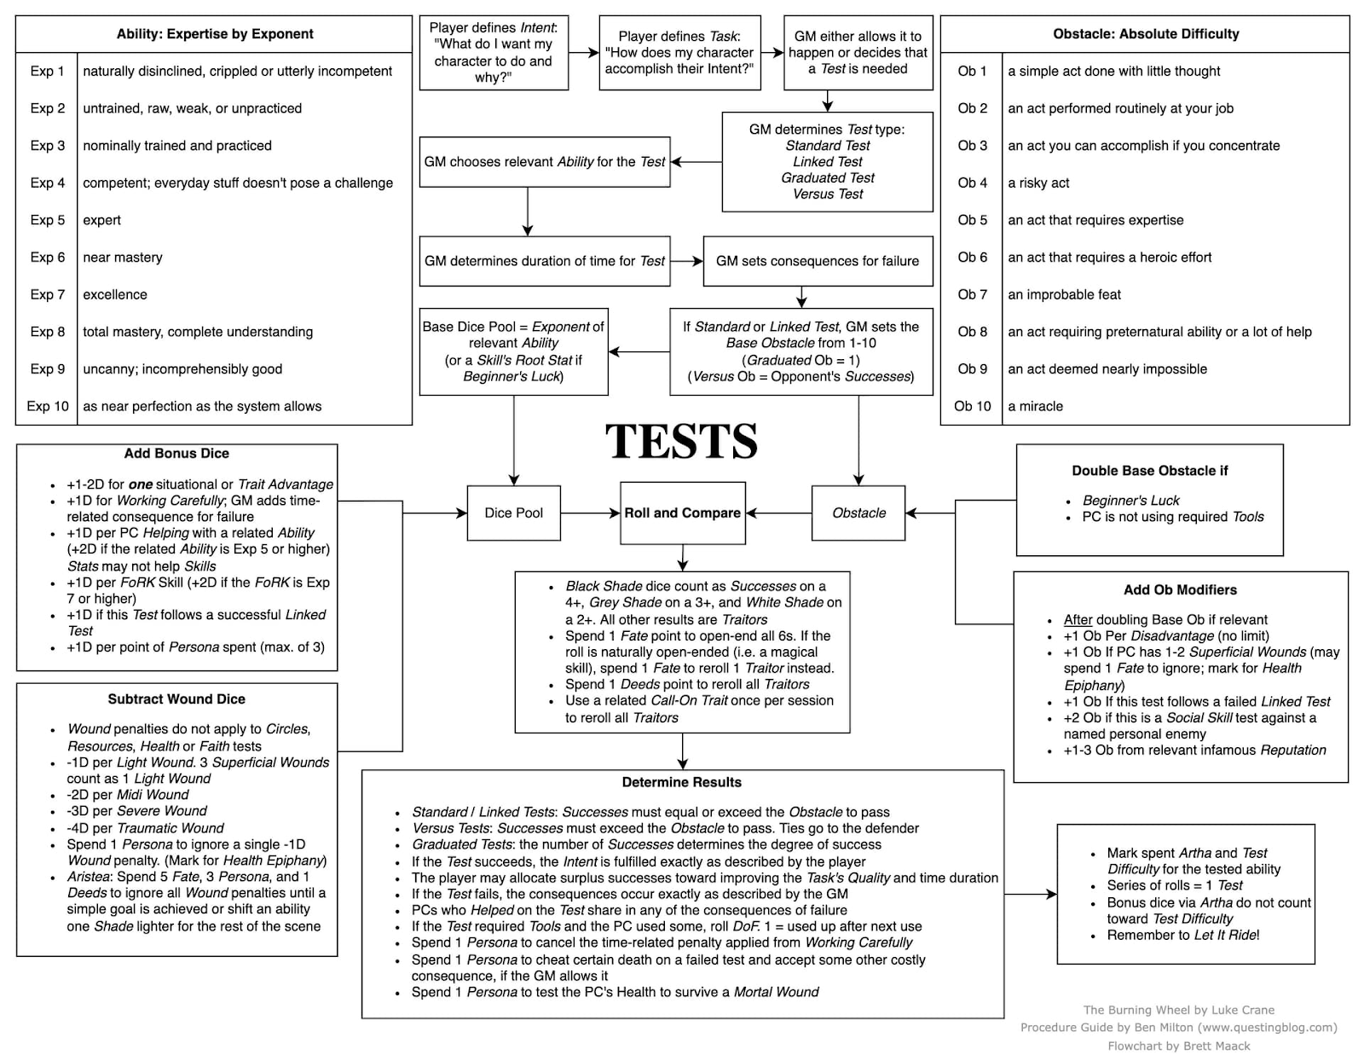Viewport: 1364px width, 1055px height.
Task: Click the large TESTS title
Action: coord(681,441)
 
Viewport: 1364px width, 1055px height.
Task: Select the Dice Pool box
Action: coord(513,513)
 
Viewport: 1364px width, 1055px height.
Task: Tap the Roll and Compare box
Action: coord(682,513)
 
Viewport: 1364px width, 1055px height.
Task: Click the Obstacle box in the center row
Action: coord(858,513)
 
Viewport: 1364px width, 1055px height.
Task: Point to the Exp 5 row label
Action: coord(48,220)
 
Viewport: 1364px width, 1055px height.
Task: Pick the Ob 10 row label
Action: coord(972,406)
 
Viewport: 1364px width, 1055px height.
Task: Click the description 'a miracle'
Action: coord(1035,406)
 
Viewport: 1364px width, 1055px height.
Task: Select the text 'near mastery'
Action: coord(123,258)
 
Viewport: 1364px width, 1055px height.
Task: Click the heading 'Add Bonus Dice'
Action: coord(176,454)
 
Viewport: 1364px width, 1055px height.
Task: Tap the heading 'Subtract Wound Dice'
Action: coord(176,699)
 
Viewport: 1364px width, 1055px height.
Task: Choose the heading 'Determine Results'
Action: coord(681,782)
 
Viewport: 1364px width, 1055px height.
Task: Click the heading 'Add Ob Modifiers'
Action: coord(1180,589)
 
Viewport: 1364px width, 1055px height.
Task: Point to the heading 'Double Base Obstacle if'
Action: coord(1149,471)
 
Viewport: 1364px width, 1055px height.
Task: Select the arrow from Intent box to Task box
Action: coord(583,53)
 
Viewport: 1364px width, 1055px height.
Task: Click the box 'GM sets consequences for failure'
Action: coord(817,261)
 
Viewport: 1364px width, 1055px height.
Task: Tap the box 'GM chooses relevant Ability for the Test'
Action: coord(545,162)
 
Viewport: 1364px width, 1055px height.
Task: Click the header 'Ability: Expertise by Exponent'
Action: coord(215,34)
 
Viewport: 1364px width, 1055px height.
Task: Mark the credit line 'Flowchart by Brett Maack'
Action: coord(1178,1046)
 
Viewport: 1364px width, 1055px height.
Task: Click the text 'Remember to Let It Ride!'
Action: coord(1182,935)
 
